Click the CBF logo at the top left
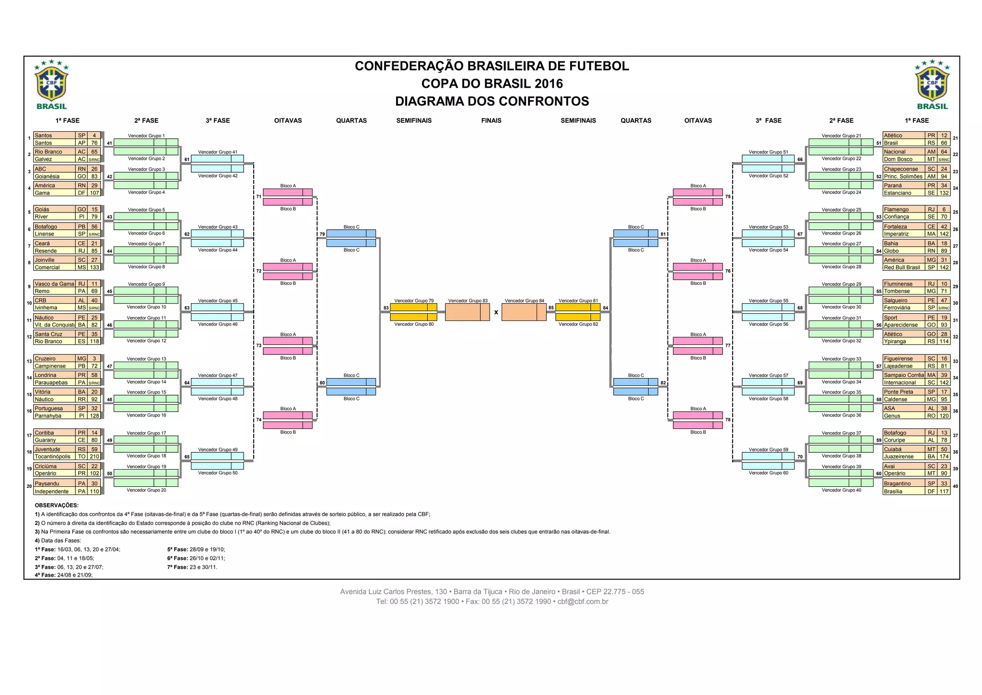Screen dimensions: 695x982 click(52, 85)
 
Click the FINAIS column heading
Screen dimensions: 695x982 click(491, 120)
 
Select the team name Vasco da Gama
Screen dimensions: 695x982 click(54, 284)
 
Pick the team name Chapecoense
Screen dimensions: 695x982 click(901, 169)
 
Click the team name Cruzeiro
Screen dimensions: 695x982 click(45, 359)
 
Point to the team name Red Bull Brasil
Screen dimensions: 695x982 click(902, 268)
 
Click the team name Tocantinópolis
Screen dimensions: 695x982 click(52, 457)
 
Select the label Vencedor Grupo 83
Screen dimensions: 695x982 click(468, 301)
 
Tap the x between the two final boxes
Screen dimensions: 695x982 click(496, 312)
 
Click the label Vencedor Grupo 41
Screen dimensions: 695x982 click(218, 152)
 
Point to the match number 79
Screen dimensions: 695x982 click(322, 235)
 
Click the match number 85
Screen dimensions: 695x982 click(551, 308)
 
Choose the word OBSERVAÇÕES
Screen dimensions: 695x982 click(57, 505)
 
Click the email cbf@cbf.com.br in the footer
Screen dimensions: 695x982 click(583, 601)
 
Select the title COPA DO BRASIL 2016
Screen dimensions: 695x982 click(492, 84)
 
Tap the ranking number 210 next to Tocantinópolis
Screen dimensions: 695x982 click(94, 457)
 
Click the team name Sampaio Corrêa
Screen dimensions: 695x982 click(904, 375)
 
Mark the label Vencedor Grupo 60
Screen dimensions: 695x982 click(768, 473)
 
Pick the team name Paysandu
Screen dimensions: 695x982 click(47, 483)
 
